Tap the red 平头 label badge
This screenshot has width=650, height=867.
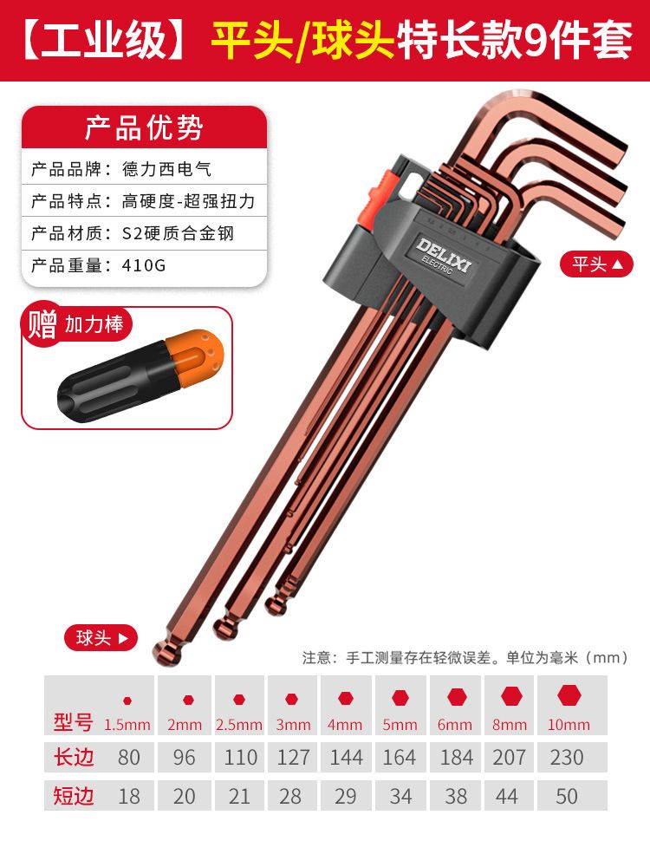click(596, 264)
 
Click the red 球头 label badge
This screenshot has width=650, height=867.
click(101, 637)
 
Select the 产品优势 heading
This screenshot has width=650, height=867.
click(144, 127)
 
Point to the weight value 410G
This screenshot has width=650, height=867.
click(144, 265)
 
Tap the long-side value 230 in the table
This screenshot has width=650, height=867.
click(567, 758)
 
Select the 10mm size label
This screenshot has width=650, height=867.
click(569, 724)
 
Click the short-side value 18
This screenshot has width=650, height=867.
click(129, 796)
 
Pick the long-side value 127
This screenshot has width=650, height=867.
click(293, 758)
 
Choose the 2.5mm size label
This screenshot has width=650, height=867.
click(239, 724)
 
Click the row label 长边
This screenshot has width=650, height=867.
click(74, 757)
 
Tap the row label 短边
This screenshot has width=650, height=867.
click(74, 796)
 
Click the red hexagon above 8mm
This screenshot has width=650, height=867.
click(511, 697)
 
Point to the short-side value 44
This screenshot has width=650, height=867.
click(507, 796)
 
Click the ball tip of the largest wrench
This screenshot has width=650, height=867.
click(168, 653)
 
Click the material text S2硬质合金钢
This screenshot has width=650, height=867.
click(178, 233)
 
